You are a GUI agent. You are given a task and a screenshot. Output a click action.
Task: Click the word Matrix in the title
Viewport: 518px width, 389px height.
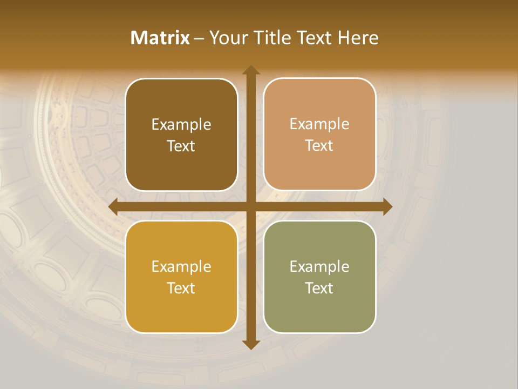pyautogui.click(x=160, y=38)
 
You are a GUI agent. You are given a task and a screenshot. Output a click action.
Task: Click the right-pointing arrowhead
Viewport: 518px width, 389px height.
pyautogui.click(x=387, y=206)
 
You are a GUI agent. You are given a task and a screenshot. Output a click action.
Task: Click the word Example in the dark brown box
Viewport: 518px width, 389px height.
pyautogui.click(x=181, y=125)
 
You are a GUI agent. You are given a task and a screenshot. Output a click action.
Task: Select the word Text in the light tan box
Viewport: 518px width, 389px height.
pyautogui.click(x=319, y=146)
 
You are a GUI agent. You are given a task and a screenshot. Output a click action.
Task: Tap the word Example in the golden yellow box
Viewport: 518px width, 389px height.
pyautogui.click(x=181, y=267)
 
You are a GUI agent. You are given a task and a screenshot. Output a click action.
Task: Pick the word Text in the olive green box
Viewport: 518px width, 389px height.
pyautogui.click(x=319, y=288)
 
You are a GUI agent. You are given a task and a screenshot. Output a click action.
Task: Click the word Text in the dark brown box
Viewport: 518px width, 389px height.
pyautogui.click(x=181, y=146)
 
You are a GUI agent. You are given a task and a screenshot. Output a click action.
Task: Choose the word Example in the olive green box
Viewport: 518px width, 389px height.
pyautogui.click(x=319, y=266)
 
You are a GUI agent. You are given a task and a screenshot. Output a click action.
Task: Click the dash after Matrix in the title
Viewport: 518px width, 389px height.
pyautogui.click(x=199, y=38)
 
